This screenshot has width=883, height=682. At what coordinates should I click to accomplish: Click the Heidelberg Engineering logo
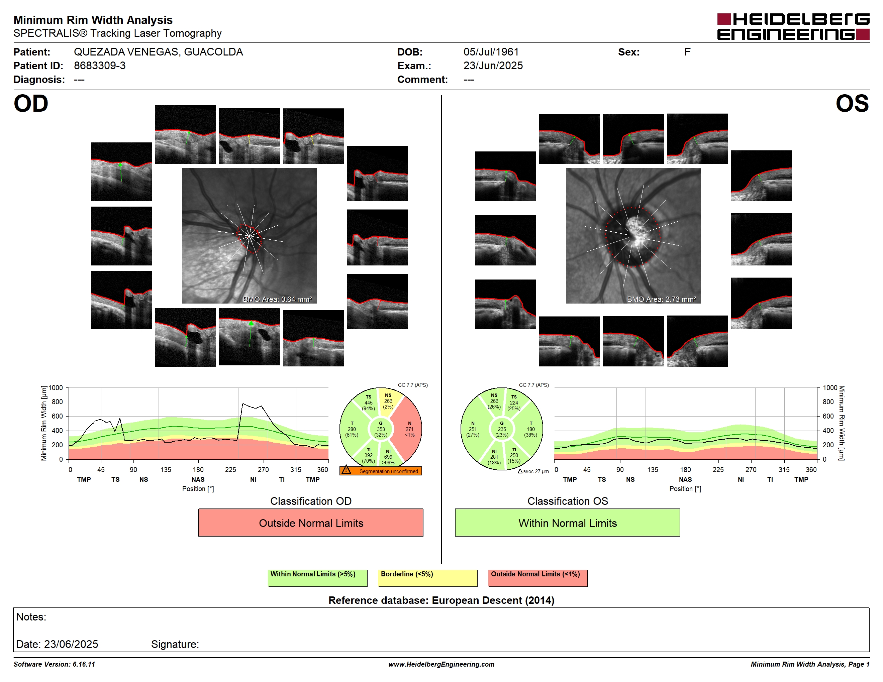click(x=793, y=27)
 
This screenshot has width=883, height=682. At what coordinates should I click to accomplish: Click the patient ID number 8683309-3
click(x=99, y=66)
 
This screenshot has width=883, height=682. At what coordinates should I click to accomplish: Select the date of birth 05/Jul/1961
click(x=491, y=52)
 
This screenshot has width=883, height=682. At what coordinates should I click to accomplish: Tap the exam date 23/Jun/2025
click(x=493, y=66)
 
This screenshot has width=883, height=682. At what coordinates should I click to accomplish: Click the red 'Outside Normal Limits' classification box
click(x=310, y=523)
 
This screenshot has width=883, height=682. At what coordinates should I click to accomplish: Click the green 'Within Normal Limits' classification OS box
click(x=567, y=523)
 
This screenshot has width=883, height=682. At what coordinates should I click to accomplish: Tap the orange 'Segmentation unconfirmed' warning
click(x=380, y=471)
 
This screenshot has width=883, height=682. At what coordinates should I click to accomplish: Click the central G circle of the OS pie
click(x=502, y=429)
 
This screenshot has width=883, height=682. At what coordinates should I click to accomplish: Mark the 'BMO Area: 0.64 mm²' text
click(x=277, y=300)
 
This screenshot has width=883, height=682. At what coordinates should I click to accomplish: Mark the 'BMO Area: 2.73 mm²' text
click(x=662, y=300)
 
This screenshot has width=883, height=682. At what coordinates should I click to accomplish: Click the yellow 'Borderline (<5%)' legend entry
click(x=428, y=578)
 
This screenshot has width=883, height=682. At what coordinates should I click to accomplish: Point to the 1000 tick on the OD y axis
click(x=56, y=388)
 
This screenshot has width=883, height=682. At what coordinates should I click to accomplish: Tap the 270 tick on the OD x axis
click(x=263, y=469)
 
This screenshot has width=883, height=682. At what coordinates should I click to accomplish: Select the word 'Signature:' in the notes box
click(x=175, y=644)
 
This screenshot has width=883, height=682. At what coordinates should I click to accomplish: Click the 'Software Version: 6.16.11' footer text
click(x=54, y=664)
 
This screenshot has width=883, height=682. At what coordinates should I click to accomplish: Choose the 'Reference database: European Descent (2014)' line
click(x=441, y=600)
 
